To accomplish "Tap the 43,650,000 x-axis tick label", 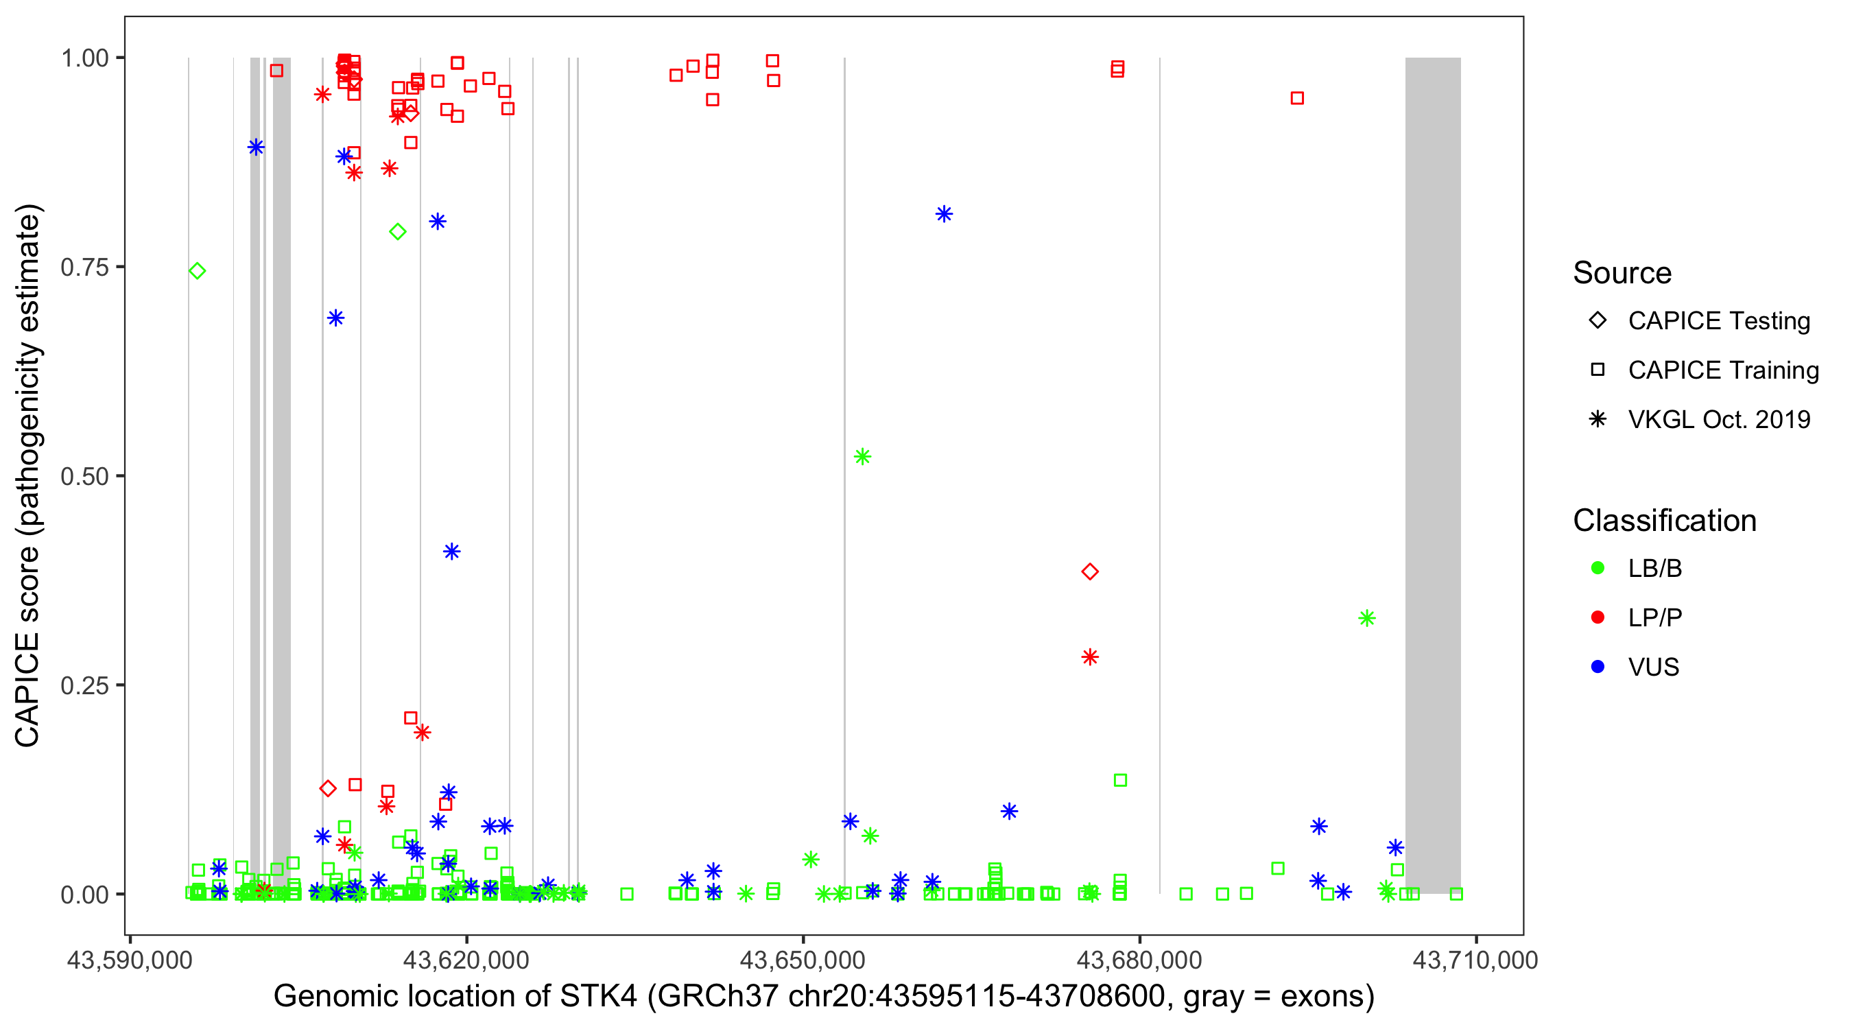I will point(803,959).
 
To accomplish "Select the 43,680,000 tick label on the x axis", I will point(1139,959).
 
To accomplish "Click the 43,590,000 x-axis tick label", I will point(130,959).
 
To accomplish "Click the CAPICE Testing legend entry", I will point(1718,321).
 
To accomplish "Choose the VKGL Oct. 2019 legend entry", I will point(1718,419).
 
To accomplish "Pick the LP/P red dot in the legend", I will point(1598,617).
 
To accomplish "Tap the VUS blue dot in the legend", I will point(1598,667).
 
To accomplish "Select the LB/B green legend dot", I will point(1598,568).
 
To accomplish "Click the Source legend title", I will point(1622,273).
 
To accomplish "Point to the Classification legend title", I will point(1664,521).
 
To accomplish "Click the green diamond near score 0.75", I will point(197,271).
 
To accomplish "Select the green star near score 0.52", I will point(862,457).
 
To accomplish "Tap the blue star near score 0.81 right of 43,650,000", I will point(944,213).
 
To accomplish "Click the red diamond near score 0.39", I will point(1090,571).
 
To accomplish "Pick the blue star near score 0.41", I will point(451,552).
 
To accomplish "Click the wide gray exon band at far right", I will point(1433,475).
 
